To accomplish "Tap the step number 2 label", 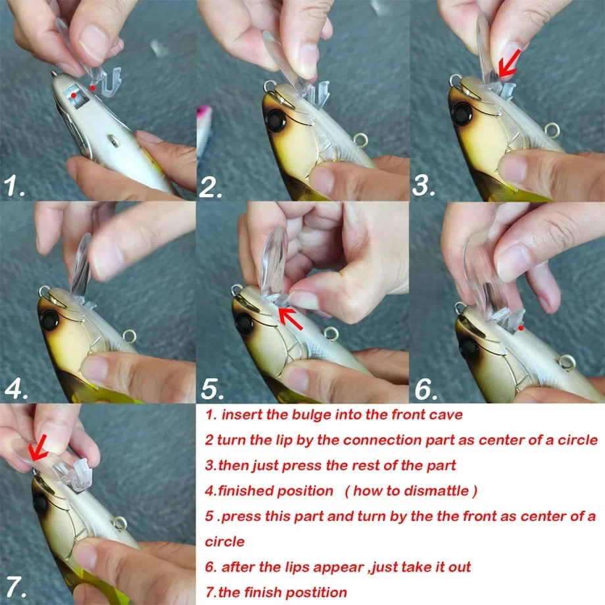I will coord(211,186).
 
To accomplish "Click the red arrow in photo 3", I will coord(511,63).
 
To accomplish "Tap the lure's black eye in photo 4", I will coord(49,320).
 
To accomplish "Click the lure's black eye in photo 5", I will coord(245,323).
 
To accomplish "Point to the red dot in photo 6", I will coord(520,326).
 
